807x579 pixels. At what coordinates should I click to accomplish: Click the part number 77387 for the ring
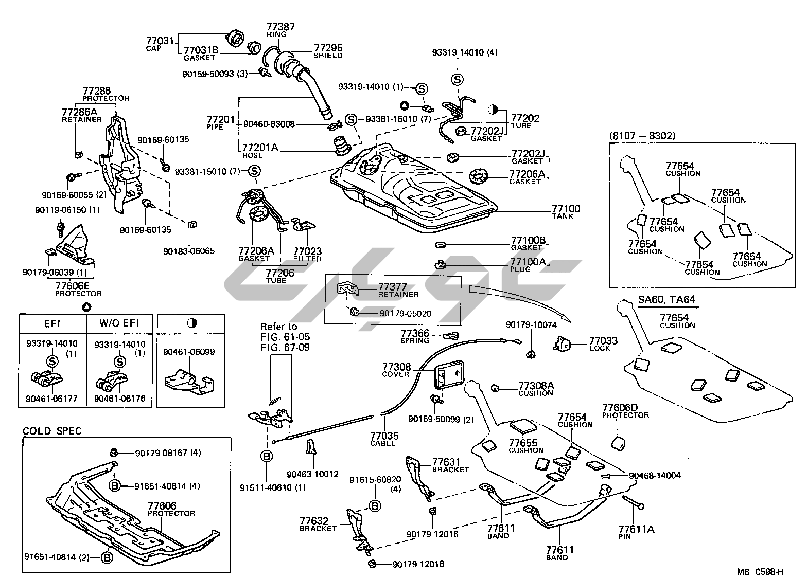tap(280, 27)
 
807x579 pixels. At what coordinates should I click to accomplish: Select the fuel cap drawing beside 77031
tap(236, 39)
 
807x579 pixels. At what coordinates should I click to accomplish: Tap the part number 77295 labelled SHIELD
tap(328, 48)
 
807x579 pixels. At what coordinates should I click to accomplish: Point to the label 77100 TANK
tap(566, 209)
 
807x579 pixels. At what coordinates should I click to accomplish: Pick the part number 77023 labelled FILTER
tap(307, 251)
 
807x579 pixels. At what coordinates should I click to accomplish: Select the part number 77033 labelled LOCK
tap(603, 340)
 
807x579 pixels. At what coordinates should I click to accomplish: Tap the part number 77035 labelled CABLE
tap(384, 436)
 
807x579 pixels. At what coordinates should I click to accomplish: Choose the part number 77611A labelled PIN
tap(636, 529)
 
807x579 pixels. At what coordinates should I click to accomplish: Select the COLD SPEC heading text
tap(52, 431)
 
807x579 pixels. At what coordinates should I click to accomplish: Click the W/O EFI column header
tap(119, 324)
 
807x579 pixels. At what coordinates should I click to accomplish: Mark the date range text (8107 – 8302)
tap(642, 136)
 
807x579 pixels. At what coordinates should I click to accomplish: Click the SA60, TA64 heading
tap(662, 299)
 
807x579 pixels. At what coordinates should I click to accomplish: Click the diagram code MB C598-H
tap(760, 572)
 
